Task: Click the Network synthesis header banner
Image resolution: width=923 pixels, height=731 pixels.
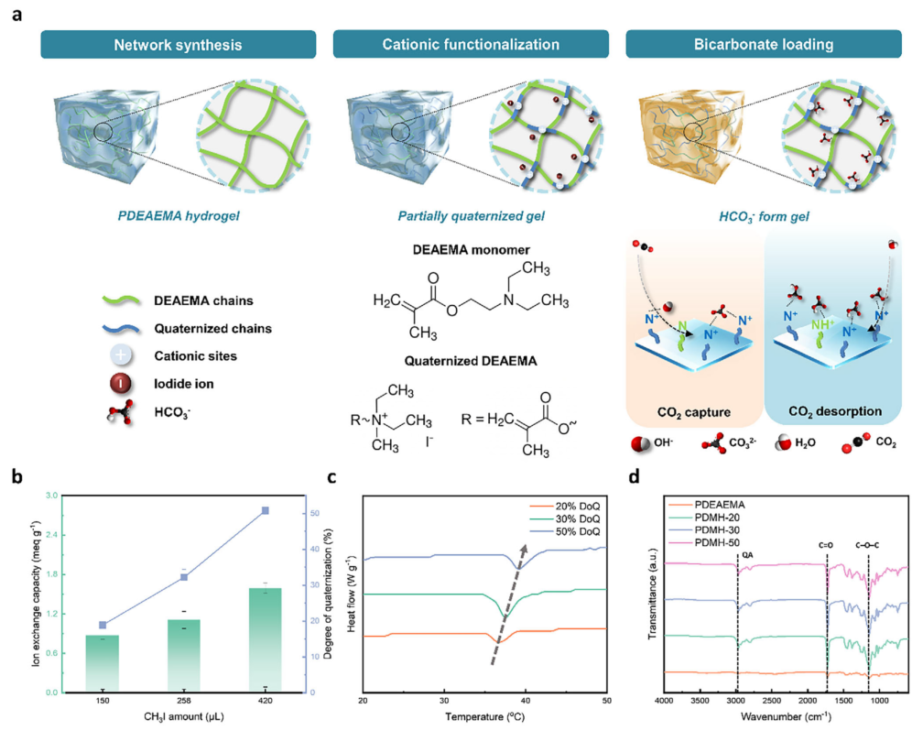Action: point(178,45)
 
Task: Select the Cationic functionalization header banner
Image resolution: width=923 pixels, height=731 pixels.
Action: point(471,44)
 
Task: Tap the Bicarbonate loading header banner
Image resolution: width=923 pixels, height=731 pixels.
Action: point(764,44)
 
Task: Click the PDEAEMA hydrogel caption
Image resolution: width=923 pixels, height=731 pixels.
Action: point(179,215)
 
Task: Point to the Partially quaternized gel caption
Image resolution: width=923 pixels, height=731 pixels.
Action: point(471,216)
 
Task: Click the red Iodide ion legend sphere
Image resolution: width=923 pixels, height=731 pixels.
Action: point(121,384)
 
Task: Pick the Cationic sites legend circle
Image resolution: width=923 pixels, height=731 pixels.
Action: point(121,355)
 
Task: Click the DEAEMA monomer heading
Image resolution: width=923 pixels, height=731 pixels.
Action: point(471,250)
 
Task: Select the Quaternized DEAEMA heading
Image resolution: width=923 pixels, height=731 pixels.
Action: point(471,361)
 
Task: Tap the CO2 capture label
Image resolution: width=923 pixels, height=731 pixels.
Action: point(693,412)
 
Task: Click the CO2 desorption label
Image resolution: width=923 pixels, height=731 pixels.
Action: point(835,411)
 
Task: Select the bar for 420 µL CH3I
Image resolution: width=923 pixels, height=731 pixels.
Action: point(265,639)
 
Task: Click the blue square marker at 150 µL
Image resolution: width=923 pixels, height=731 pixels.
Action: point(103,625)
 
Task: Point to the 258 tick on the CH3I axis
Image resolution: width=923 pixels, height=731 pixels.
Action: point(184,701)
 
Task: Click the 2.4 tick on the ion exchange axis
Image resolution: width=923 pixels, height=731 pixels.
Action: point(51,535)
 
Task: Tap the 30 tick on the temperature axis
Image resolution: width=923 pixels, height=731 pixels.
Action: point(444,701)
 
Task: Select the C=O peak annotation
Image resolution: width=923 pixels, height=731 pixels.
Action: point(826,545)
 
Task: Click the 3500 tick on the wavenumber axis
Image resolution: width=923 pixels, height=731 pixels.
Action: point(700,701)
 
